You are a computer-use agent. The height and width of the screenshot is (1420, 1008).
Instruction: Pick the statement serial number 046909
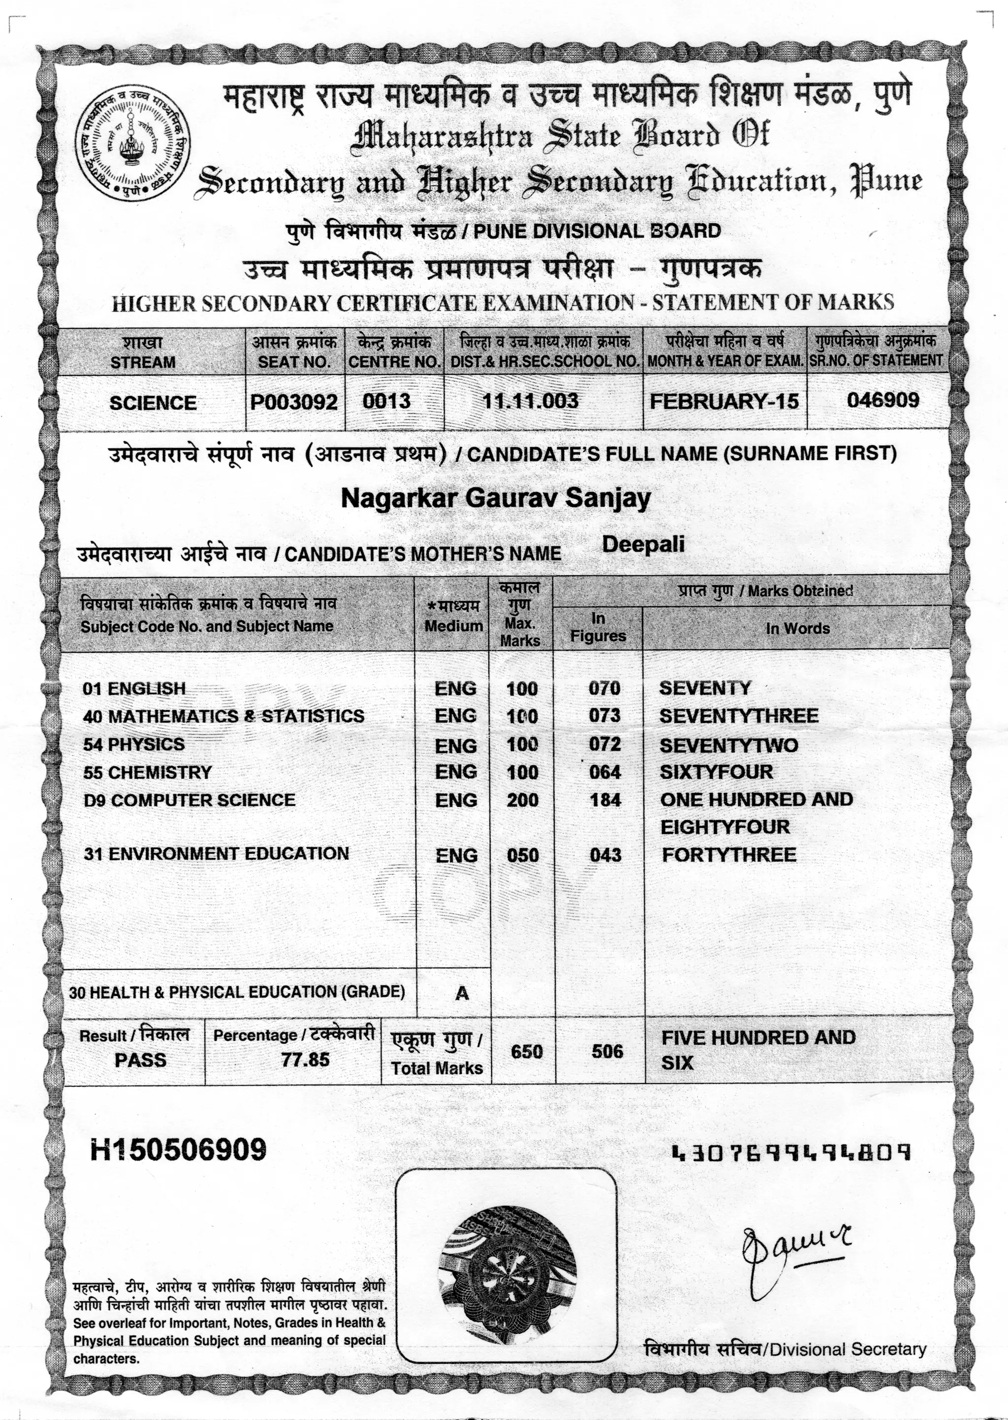882,399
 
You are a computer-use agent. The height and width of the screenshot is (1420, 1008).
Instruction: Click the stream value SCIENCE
153,403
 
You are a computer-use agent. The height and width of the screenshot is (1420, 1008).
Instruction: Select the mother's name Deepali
643,544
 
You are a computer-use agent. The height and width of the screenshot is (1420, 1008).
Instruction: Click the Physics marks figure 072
604,744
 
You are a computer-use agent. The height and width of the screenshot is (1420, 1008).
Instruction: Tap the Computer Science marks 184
605,799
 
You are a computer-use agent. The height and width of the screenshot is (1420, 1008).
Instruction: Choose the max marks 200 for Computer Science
522,799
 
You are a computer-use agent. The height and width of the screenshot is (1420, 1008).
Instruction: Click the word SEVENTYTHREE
738,716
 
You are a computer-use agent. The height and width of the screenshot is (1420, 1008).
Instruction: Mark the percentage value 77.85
305,1059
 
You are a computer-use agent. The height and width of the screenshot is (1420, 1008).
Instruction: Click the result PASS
140,1060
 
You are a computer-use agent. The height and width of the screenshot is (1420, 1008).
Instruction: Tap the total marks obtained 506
606,1051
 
